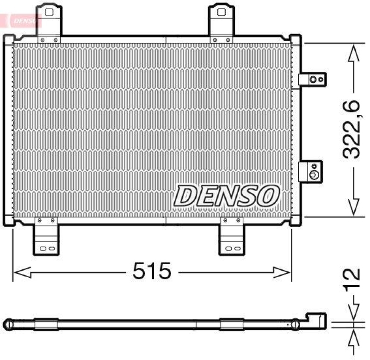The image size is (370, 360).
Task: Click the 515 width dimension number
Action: (152, 271)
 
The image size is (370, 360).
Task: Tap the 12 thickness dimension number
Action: (354, 280)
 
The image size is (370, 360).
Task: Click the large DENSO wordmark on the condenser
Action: (227, 196)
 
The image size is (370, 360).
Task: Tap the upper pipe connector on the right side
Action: (312, 80)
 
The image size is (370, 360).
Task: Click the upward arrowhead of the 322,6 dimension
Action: (354, 53)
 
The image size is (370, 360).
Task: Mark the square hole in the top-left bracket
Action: (49, 10)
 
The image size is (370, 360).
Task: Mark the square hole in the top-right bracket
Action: (222, 10)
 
